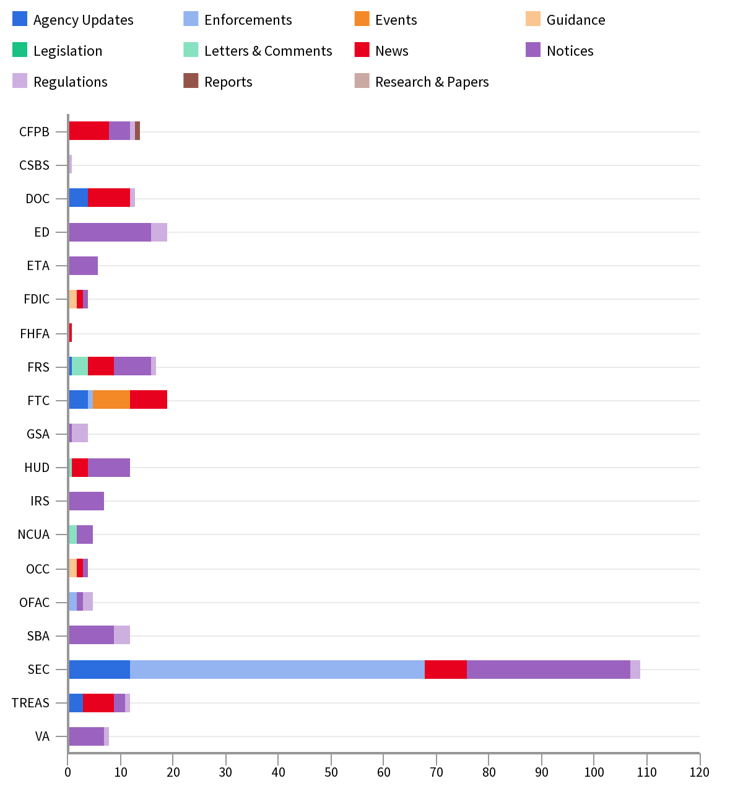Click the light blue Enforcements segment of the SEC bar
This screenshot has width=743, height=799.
pyautogui.click(x=277, y=670)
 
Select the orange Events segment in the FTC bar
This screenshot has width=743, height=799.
pyautogui.click(x=111, y=401)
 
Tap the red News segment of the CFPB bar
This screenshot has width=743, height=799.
pyautogui.click(x=89, y=131)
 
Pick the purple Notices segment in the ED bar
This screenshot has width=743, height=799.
pyautogui.click(x=110, y=232)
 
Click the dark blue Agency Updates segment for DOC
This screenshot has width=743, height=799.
pyautogui.click(x=79, y=199)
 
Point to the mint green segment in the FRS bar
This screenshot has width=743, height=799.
pyautogui.click(x=80, y=367)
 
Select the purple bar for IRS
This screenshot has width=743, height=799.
pyautogui.click(x=87, y=501)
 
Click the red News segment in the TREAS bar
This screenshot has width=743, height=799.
pyautogui.click(x=98, y=703)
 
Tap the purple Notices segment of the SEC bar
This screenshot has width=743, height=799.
pyautogui.click(x=549, y=670)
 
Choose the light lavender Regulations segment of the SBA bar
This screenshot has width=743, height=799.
pyautogui.click(x=122, y=635)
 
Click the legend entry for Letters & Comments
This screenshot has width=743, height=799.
pyautogui.click(x=267, y=51)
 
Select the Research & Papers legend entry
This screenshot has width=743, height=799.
pyautogui.click(x=432, y=82)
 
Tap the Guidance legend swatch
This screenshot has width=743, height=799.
pyautogui.click(x=533, y=19)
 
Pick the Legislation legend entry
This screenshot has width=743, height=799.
pyautogui.click(x=67, y=51)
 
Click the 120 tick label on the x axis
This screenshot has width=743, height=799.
pyautogui.click(x=700, y=772)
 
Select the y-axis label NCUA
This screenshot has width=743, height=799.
pyautogui.click(x=33, y=535)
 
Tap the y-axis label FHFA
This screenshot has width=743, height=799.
pyautogui.click(x=35, y=334)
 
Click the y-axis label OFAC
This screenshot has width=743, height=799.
pyautogui.click(x=34, y=603)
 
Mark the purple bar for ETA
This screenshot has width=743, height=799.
pyautogui.click(x=84, y=266)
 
